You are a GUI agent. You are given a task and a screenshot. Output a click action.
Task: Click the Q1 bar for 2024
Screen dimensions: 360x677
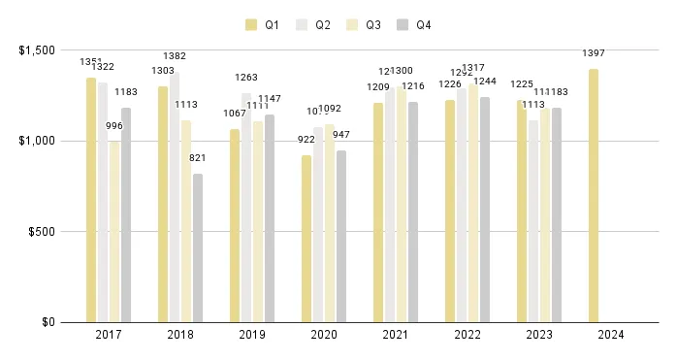[593, 195]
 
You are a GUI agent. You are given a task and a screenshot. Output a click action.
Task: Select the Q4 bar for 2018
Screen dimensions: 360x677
[198, 247]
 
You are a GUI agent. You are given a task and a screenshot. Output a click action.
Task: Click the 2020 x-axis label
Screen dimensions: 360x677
[323, 336]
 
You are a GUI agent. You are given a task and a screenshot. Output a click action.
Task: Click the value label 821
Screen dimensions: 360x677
[199, 157]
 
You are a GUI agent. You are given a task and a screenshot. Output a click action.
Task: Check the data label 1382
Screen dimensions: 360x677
[176, 56]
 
